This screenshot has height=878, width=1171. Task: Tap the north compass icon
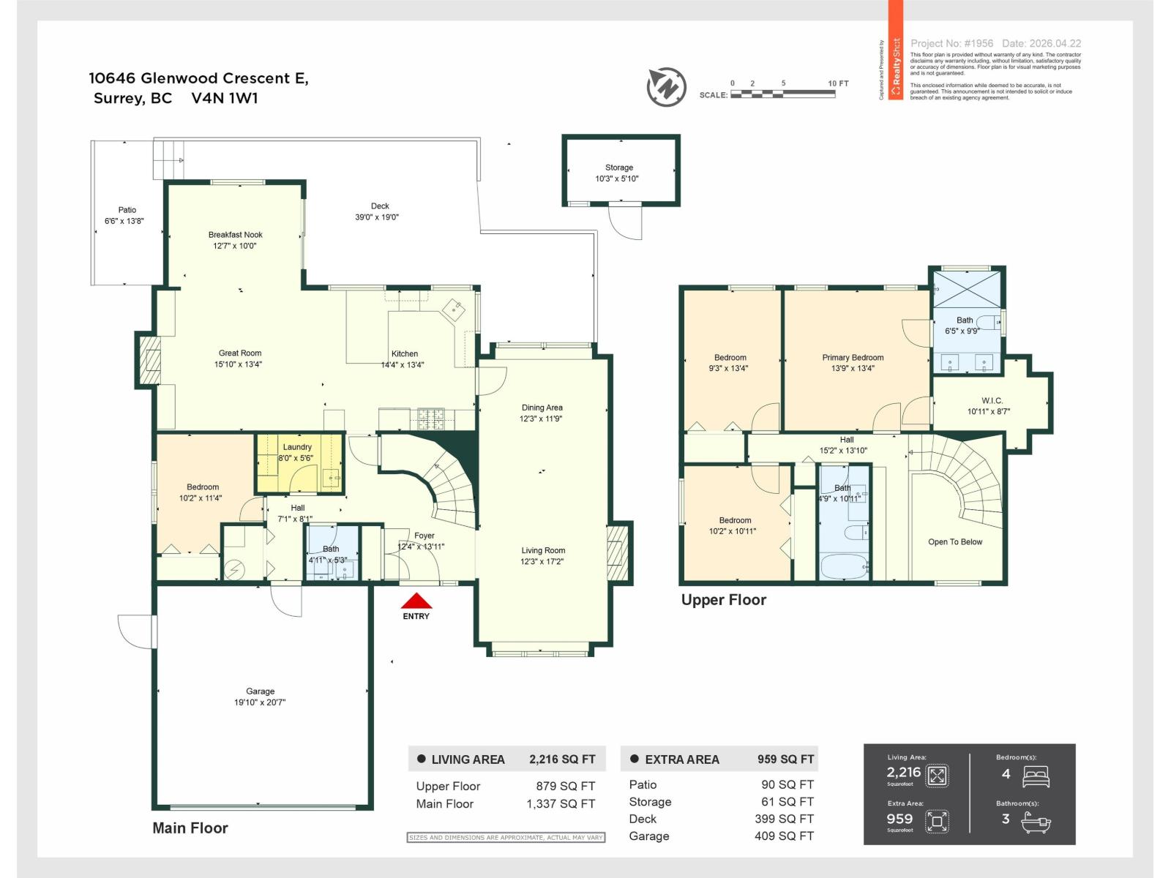click(x=666, y=86)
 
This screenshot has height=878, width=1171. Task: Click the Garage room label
click(x=260, y=691)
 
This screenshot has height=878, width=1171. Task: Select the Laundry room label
click(x=297, y=447)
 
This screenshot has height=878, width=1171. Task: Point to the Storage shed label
click(x=618, y=168)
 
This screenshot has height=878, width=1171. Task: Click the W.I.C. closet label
click(x=992, y=401)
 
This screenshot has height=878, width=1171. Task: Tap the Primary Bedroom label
click(x=853, y=358)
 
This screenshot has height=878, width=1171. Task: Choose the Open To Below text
click(x=955, y=542)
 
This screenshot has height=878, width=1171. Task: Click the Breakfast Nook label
click(x=235, y=235)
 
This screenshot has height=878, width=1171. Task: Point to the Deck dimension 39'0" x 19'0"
click(x=377, y=217)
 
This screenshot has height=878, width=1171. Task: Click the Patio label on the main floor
click(x=127, y=210)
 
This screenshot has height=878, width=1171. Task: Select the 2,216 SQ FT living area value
click(x=562, y=759)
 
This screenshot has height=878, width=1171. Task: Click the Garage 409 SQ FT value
click(x=784, y=836)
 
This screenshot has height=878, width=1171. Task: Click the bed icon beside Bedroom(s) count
click(x=1036, y=776)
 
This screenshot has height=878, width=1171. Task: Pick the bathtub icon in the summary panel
click(x=1036, y=825)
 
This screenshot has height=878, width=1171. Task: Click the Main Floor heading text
click(x=190, y=828)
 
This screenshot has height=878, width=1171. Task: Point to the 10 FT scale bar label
click(x=838, y=83)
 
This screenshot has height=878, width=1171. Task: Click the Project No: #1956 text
click(x=951, y=44)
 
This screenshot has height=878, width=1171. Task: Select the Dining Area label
click(x=542, y=408)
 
